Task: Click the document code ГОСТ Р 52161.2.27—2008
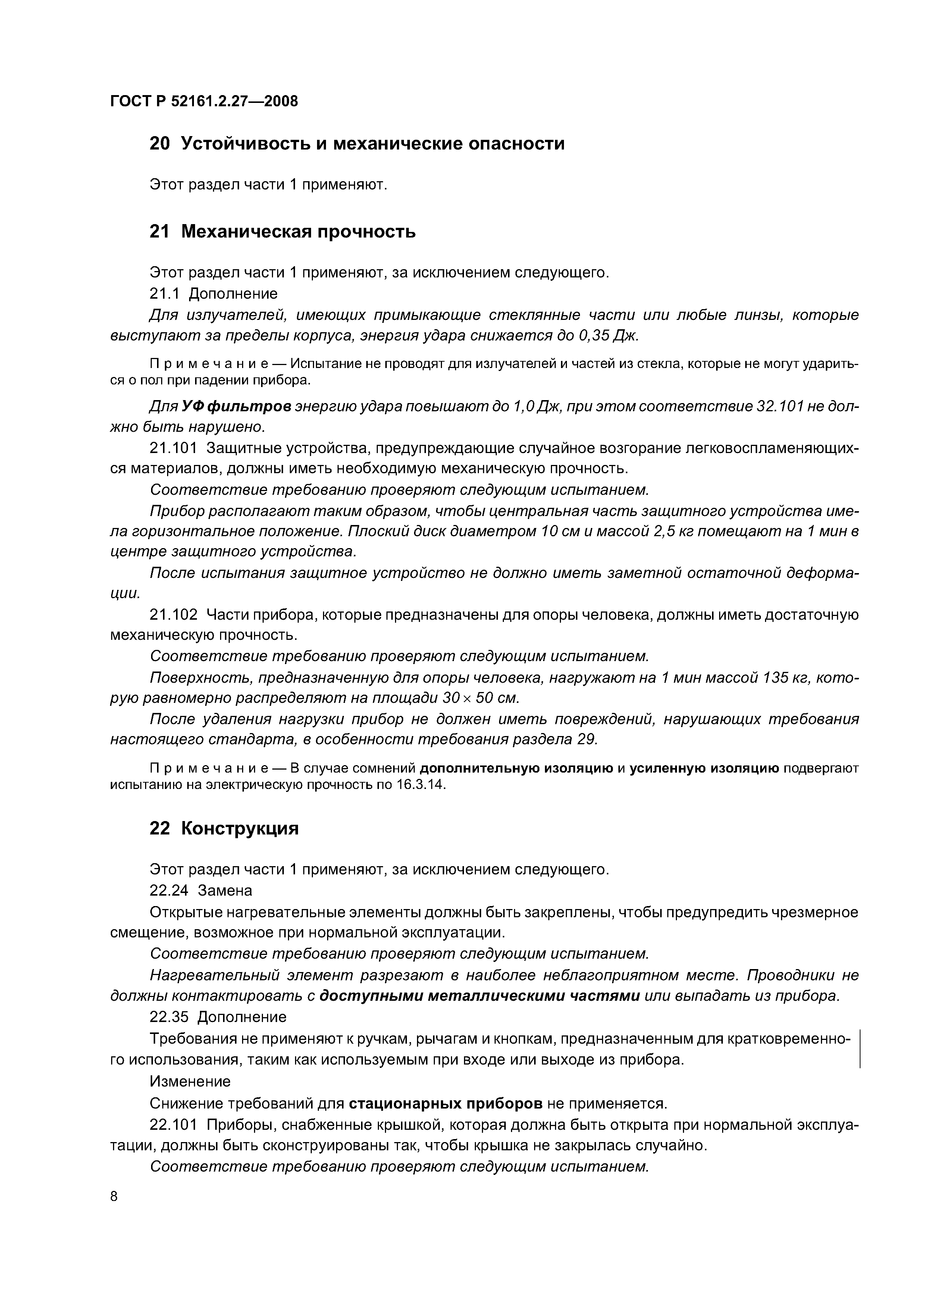(204, 101)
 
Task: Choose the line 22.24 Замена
(201, 890)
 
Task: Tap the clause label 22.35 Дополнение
(218, 1017)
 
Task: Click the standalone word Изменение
(190, 1081)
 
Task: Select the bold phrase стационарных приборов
(445, 1103)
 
